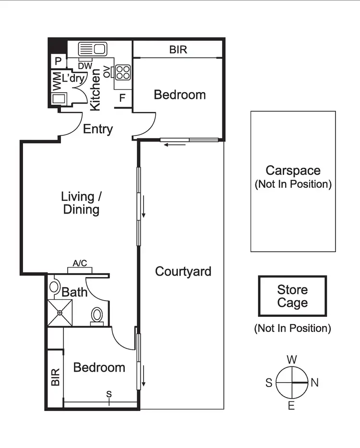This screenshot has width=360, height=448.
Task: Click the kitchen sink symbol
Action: coord(92,48)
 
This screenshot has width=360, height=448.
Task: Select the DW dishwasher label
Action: coord(84,66)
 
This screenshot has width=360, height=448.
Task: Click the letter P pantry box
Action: coord(58,61)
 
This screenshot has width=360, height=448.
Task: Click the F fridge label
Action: coord(122,98)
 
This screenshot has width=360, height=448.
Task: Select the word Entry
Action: coord(98,129)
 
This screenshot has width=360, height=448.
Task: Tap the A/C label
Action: coord(80,263)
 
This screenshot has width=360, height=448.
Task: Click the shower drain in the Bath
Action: coord(60,313)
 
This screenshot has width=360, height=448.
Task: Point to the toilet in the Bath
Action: coord(96,315)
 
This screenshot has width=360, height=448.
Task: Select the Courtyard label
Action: coord(183,271)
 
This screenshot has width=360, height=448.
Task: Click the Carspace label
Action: coord(293,170)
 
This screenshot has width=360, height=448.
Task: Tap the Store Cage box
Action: coord(292,296)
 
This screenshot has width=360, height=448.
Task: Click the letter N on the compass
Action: coord(315,383)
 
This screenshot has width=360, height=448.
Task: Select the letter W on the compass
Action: coord(291,360)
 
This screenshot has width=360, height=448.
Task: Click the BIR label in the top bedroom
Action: coord(178,49)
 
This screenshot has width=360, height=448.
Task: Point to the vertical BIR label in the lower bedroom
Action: coord(55,377)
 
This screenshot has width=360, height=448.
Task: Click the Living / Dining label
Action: coord(81,203)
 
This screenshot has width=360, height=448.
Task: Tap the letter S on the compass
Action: coord(269,383)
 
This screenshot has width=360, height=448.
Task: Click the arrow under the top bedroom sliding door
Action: coord(169,145)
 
